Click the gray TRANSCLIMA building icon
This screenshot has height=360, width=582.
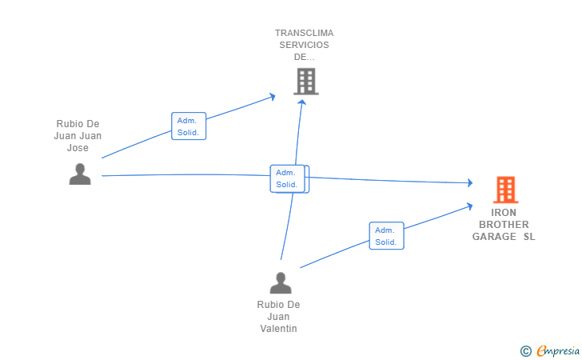[306, 82]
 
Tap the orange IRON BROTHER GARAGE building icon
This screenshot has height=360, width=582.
[505, 190]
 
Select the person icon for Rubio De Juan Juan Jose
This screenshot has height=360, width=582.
[80, 174]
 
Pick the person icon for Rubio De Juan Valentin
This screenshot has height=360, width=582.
[281, 283]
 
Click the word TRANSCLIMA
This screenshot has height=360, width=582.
[304, 33]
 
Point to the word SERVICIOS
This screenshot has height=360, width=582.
[304, 45]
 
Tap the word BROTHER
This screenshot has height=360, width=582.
[504, 224]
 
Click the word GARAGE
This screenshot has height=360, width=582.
[494, 237]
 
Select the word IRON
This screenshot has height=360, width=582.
[504, 213]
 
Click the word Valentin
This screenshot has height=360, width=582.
[278, 329]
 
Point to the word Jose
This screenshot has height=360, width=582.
[78, 148]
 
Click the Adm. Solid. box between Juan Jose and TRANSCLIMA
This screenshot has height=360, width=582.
[189, 126]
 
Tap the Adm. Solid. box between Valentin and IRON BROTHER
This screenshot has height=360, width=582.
[386, 235]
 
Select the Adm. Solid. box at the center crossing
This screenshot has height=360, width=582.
[288, 178]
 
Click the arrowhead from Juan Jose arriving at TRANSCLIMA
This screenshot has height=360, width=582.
[273, 97]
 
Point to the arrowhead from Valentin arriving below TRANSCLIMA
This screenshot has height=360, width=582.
[302, 102]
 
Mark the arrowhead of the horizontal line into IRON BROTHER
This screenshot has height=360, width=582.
[470, 182]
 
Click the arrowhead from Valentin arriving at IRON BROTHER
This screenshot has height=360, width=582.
[469, 206]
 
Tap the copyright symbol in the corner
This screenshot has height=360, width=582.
[526, 351]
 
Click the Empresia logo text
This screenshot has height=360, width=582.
[558, 350]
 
